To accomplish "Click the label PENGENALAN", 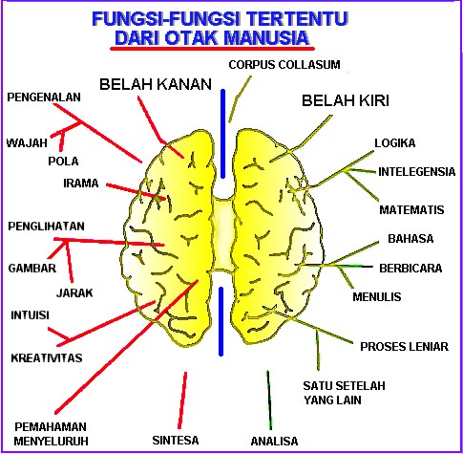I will (x=44, y=97).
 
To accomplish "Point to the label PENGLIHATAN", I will (x=47, y=227).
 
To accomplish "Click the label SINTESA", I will (x=175, y=441).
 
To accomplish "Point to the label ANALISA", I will (x=274, y=441).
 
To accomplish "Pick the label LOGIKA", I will (x=394, y=143).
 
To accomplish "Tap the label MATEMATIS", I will (x=410, y=208).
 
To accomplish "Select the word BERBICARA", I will (x=410, y=269).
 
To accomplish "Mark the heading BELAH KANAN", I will (x=154, y=83).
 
